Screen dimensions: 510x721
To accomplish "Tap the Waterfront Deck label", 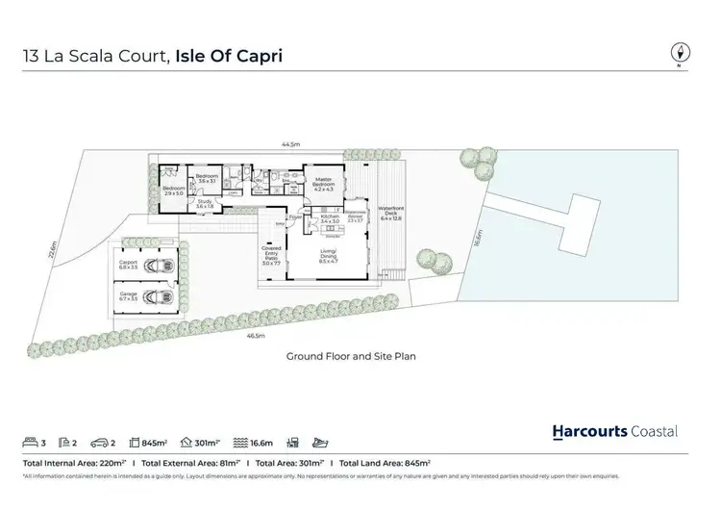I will (x=389, y=212).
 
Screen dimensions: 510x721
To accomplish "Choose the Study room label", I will (x=204, y=203).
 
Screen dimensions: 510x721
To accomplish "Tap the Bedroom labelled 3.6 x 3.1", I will (x=209, y=179).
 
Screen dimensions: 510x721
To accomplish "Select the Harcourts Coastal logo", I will (x=615, y=431).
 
